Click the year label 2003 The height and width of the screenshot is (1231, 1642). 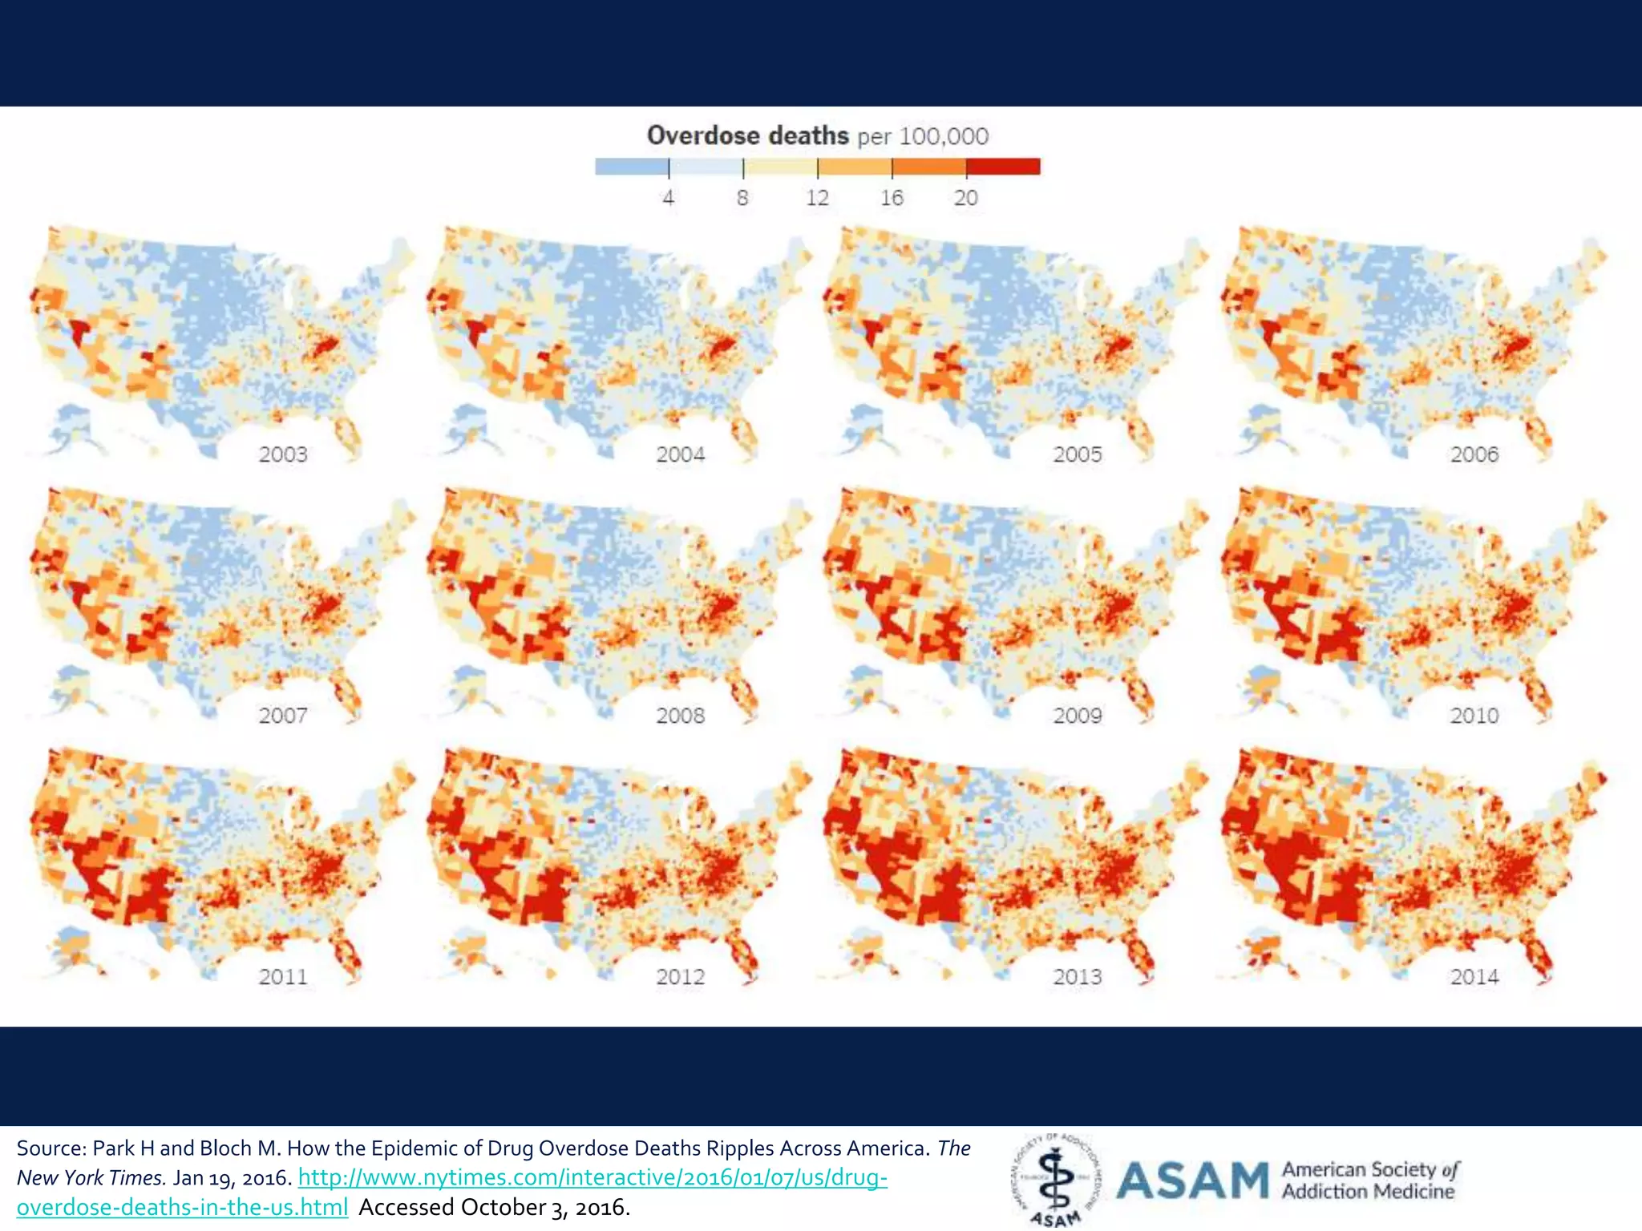pos(283,454)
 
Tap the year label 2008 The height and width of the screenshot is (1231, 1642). pos(680,715)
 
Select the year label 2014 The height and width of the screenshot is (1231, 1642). pos(1474,976)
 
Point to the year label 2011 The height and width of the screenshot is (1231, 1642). pos(283,976)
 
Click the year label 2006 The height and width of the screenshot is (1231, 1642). pos(1474,454)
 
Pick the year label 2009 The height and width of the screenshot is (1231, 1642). pos(1078,715)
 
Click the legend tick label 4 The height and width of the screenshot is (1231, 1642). pos(669,198)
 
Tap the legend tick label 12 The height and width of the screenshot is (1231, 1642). pos(817,198)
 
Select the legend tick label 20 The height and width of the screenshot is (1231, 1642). pos(965,198)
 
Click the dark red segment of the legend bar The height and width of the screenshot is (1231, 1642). pos(1003,167)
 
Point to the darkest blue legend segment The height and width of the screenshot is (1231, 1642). pos(631,167)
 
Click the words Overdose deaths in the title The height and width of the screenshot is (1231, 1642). pos(747,135)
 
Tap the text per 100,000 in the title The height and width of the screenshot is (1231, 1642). pos(923,136)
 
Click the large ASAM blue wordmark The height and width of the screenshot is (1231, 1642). pos(1192,1181)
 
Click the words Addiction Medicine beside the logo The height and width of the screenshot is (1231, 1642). pos(1368,1192)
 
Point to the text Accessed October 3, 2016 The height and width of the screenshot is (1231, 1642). pos(494,1207)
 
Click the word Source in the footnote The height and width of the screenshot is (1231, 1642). pos(51,1148)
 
